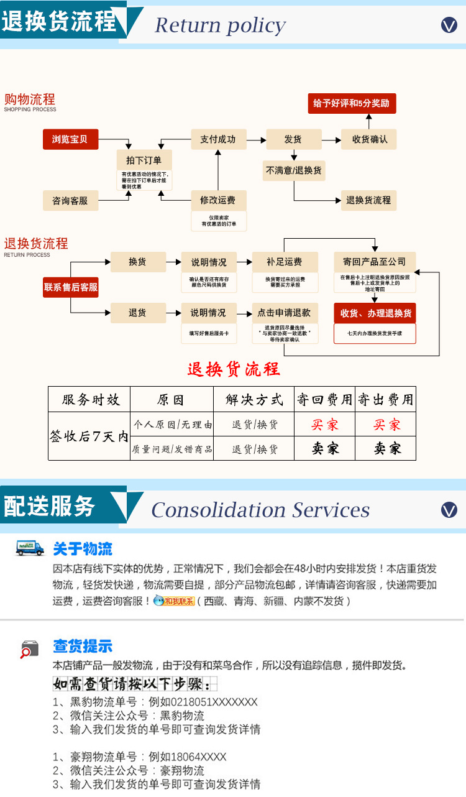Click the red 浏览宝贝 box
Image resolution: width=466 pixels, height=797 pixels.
(70, 139)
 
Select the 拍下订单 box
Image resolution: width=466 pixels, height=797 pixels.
(144, 160)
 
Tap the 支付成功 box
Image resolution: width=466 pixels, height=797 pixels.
(218, 139)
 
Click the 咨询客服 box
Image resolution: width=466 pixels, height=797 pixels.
(70, 200)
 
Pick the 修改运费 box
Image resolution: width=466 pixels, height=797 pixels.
(218, 200)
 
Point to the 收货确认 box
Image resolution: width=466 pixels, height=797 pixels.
(369, 139)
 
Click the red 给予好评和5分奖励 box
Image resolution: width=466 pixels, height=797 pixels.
(352, 103)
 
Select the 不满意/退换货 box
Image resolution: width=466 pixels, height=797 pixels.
(293, 170)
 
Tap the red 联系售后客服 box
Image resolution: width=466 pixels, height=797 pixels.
(71, 287)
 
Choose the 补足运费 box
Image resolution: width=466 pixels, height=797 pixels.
(285, 262)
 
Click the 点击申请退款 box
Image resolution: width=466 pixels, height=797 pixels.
(285, 313)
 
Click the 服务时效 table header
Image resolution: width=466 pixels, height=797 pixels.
(91, 399)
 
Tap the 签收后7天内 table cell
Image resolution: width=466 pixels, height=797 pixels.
(89, 436)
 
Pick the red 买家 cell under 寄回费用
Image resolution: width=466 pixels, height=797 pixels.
(325, 425)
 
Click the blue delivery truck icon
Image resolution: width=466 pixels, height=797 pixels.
(30, 548)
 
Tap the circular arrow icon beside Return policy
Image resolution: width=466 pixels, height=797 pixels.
(449, 25)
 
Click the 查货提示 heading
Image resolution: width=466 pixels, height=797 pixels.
(83, 646)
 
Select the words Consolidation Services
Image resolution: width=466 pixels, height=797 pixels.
(260, 510)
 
